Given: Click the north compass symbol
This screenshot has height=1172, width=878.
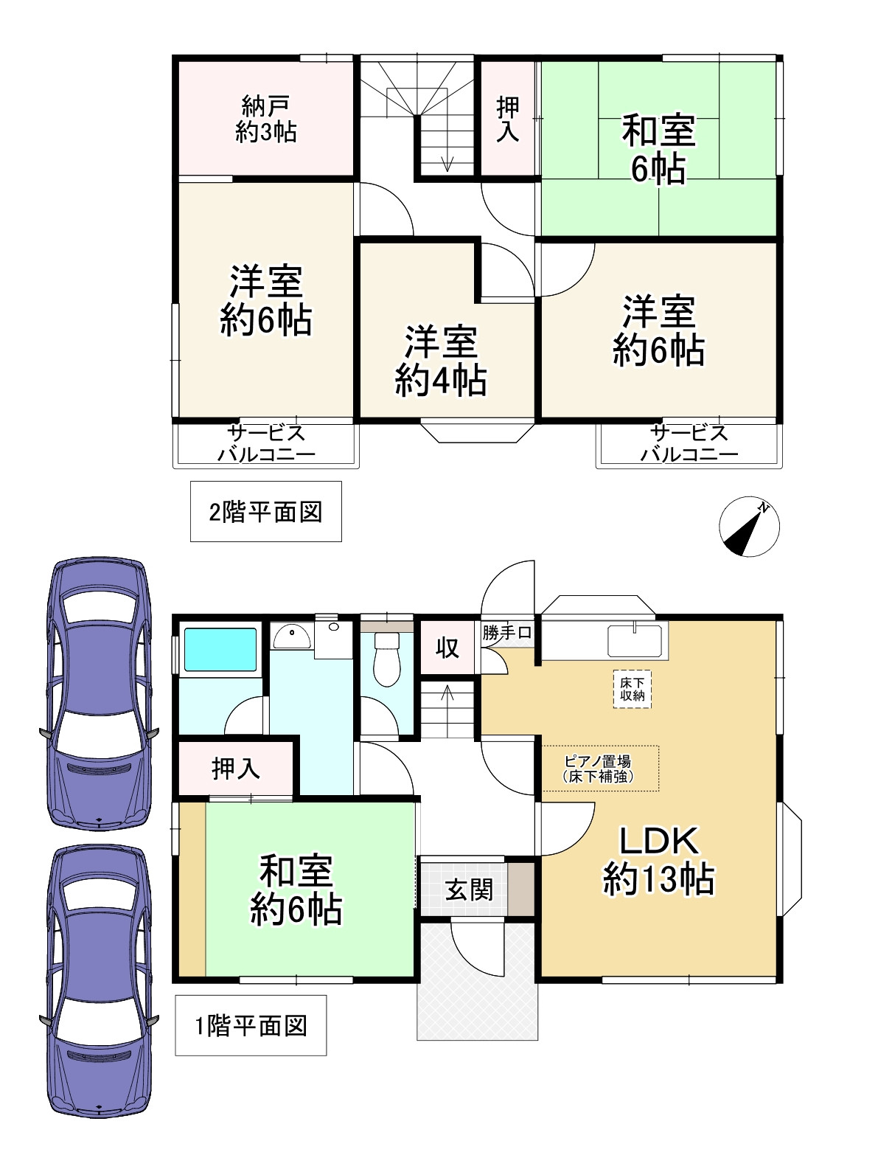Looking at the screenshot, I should coord(749,527).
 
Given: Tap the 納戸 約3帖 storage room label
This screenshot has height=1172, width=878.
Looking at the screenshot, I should coord(265,119).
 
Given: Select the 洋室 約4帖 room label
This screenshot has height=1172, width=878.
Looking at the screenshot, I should coord(440,361).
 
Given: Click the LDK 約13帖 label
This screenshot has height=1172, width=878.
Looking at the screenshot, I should coord(658,860).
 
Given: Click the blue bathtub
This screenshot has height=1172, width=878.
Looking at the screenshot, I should coord(220,649).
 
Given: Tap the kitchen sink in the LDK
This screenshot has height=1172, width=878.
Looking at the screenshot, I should coord(635,639).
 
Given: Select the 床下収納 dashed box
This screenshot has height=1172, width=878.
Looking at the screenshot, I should coord(633,689).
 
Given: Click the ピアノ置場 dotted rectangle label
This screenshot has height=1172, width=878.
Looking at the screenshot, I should coord(599,768).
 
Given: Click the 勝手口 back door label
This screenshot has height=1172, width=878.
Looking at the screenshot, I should coord(507,633).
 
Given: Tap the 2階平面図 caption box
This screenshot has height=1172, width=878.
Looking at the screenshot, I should coord(265,511).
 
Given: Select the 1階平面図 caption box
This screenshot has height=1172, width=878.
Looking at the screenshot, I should coord(251,1025).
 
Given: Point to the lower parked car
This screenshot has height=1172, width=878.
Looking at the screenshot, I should coord(100,981).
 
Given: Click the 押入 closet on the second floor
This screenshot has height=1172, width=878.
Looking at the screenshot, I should coord(508,119).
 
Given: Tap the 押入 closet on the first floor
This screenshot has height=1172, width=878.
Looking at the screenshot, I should coord(236,769).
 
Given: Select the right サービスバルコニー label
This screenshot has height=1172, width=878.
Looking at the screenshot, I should coord(689,443).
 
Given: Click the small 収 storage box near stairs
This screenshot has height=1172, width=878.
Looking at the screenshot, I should coord(447,648).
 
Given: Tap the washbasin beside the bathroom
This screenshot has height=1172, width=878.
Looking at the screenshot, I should coord(290,635).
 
